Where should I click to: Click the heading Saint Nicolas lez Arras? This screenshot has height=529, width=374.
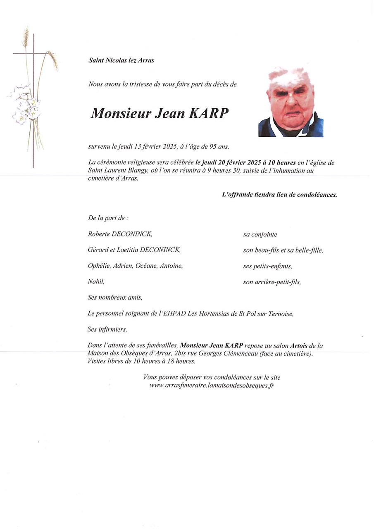(121, 60)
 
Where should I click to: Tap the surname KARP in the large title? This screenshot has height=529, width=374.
(208, 113)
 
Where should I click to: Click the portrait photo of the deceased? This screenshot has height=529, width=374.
(291, 102)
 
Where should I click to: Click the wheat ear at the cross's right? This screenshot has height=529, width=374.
(53, 60)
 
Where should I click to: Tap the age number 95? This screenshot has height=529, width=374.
(212, 147)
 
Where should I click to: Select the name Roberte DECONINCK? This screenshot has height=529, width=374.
(120, 234)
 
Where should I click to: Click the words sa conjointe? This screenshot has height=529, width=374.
(260, 234)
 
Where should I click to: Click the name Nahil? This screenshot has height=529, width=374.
(96, 282)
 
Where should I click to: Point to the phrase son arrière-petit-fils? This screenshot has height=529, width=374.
(272, 282)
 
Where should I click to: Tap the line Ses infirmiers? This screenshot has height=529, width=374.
(107, 330)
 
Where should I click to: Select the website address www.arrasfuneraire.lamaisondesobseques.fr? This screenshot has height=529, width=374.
(212, 385)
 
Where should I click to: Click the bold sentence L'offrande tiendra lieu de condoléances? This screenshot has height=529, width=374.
(279, 195)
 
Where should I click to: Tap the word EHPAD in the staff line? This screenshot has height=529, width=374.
(175, 314)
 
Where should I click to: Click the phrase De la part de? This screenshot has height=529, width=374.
(108, 218)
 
